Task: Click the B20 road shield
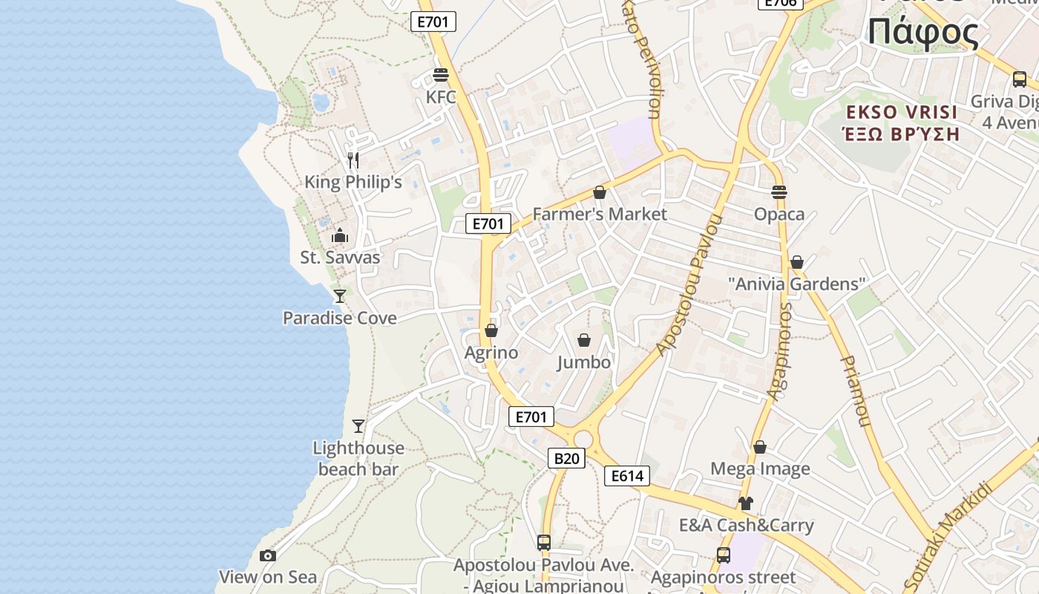pos(566,458)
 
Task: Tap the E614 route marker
pos(627,476)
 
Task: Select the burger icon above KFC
pos(441,75)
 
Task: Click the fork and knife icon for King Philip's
pos(353,160)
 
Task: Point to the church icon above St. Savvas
pos(340,235)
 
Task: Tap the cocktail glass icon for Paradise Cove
pos(340,296)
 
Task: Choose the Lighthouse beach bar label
pos(358,458)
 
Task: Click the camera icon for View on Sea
pos(268,555)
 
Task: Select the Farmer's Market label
pos(600,214)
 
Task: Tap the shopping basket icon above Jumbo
pos(584,340)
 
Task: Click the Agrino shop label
pos(491,353)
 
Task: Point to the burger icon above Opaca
pos(779,192)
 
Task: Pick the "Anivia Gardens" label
pos(797,284)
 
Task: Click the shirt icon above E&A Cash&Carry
pos(746,503)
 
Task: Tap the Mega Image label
pos(760,469)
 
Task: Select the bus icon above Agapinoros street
pos(723,555)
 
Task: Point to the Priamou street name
pos(854,391)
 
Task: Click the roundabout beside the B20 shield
pos(583,439)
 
